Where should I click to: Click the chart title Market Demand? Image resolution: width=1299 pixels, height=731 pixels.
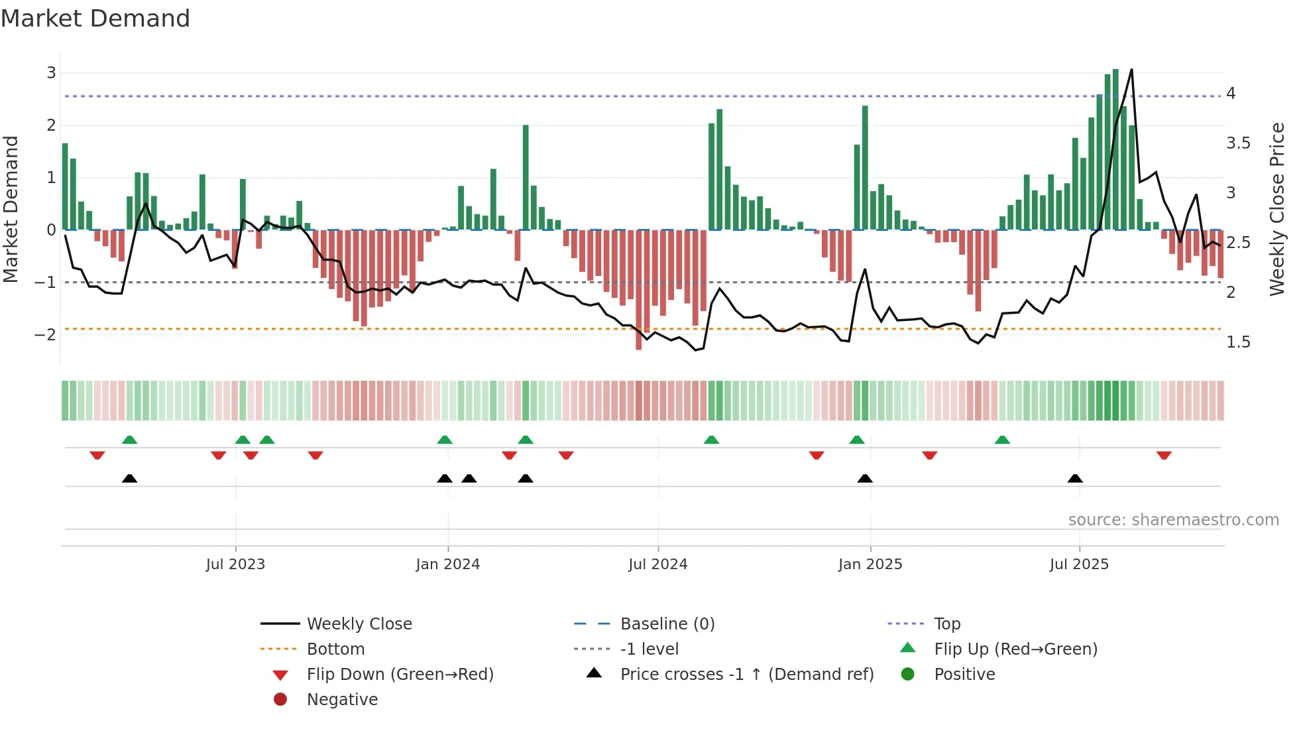click(95, 19)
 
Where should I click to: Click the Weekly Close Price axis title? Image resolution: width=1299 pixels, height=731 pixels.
click(1277, 209)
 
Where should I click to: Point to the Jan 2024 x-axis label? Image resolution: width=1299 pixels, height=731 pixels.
click(447, 565)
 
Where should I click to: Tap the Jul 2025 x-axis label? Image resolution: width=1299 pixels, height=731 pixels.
click(1079, 565)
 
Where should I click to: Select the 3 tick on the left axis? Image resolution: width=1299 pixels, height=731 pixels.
click(51, 73)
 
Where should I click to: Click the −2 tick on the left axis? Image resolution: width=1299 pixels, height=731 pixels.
click(45, 334)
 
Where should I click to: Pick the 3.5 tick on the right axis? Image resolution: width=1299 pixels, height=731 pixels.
click(1238, 143)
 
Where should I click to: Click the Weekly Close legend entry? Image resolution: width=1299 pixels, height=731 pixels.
click(359, 624)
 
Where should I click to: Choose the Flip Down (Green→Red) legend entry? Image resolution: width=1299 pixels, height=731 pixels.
click(400, 675)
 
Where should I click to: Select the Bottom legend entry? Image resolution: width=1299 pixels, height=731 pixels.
click(335, 649)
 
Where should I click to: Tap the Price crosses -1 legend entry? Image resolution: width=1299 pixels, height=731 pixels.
click(746, 675)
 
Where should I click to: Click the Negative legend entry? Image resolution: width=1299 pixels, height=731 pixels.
click(342, 700)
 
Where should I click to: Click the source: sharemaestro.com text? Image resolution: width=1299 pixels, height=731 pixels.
click(1173, 520)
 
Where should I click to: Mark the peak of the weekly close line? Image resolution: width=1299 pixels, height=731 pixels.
click(1131, 70)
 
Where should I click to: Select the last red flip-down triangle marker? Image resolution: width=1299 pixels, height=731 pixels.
click(1164, 455)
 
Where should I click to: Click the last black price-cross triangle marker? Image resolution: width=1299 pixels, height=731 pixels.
click(1075, 478)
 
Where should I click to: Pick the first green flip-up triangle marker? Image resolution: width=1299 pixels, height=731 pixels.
click(130, 440)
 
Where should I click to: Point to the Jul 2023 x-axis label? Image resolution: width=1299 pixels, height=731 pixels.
click(235, 565)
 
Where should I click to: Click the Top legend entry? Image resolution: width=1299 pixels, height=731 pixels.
click(946, 624)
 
